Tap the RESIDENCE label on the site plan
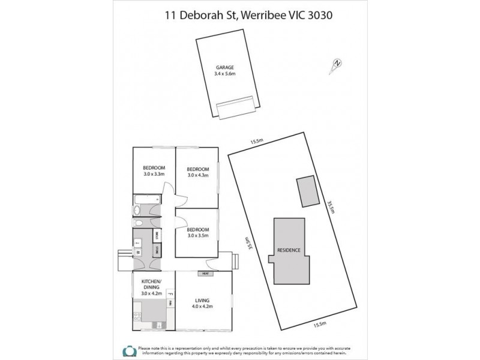click(289, 250)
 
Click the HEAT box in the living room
click(205, 274)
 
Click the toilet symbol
click(139, 223)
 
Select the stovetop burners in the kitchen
click(137, 317)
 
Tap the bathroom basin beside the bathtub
click(137, 211)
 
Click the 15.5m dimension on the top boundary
click(257, 142)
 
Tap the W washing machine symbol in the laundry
click(137, 253)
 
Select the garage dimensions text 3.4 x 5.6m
click(225, 74)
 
